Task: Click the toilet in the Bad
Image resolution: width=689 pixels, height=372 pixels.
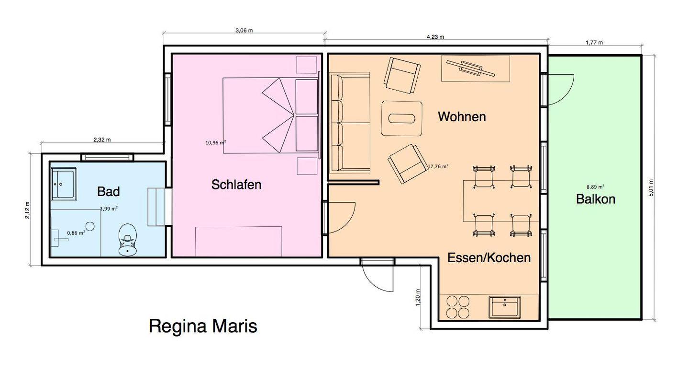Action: point(127,240)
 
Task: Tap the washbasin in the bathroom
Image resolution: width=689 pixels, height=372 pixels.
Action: point(64,184)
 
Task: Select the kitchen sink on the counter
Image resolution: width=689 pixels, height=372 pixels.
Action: point(505,307)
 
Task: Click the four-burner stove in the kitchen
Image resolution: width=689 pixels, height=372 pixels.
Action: point(458,307)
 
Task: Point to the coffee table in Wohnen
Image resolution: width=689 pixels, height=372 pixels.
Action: point(401,118)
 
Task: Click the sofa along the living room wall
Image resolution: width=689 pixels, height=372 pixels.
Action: point(350,122)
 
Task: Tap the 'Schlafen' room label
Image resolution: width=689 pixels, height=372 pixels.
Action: point(236,185)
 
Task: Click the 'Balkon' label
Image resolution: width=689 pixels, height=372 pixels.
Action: point(596,199)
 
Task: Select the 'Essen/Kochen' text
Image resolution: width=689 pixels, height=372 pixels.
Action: point(489,257)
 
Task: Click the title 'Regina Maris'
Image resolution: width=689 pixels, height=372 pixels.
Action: point(203,326)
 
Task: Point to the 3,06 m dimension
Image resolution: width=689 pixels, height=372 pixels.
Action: point(244,30)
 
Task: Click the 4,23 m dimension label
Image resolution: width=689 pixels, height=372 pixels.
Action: point(435,37)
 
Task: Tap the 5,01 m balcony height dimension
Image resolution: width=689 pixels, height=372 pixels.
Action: point(651,188)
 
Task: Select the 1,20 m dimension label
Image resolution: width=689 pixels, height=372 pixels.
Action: point(417,297)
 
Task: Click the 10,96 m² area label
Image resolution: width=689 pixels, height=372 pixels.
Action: point(216,143)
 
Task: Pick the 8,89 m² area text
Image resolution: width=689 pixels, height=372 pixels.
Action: point(596,187)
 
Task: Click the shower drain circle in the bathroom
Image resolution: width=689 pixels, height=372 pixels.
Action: point(90,226)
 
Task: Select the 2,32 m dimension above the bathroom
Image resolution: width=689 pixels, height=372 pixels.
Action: point(102,139)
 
